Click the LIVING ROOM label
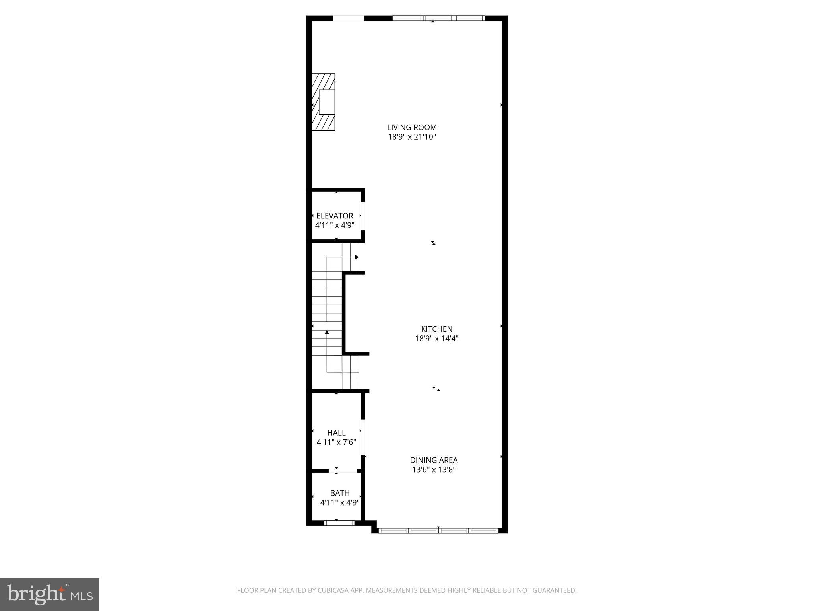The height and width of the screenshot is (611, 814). coord(412,127)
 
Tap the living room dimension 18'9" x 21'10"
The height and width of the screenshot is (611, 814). coord(412,137)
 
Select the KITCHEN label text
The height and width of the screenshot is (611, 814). coord(436,329)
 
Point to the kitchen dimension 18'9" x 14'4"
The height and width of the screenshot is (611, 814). coord(437,339)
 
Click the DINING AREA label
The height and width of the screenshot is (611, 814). coord(434,460)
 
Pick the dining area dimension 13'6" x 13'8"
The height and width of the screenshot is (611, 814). coord(434,470)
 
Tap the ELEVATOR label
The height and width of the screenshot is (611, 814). coord(335,216)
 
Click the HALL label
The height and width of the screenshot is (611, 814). coord(336,432)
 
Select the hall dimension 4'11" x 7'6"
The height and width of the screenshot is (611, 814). coord(336,442)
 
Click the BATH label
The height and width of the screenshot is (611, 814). coord(340,493)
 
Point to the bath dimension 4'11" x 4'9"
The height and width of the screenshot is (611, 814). coord(340,502)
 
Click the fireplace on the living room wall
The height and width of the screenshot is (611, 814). coord(324,102)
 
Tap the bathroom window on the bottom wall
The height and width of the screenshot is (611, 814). coord(339,523)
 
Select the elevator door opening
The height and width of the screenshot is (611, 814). coord(363,216)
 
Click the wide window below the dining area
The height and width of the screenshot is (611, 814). coord(438,530)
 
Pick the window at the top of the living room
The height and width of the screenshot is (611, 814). coord(438,18)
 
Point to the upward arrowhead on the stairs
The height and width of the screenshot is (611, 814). coord(327,332)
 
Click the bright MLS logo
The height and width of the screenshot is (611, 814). coord(50,594)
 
